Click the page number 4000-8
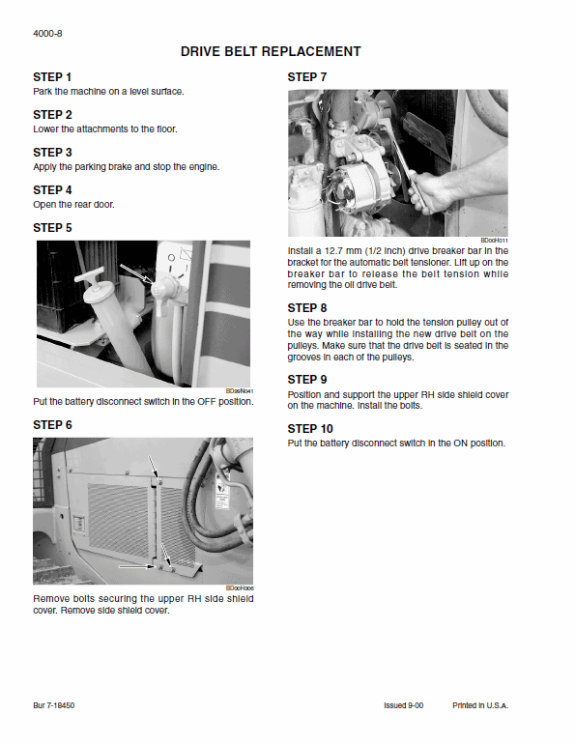point(47,33)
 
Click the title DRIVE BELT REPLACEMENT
point(271,52)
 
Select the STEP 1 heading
point(52,77)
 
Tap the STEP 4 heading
point(52,190)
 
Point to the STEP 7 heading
point(307,77)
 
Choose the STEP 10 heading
point(310,428)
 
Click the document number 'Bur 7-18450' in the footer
point(53,706)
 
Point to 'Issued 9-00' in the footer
point(403,706)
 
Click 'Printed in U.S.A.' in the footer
point(480,706)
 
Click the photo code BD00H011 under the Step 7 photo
point(494,241)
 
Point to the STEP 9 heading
point(307,380)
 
